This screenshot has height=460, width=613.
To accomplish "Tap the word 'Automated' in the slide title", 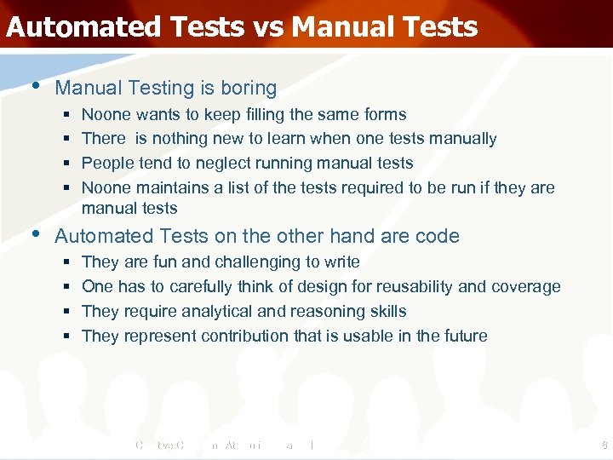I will click(82, 26).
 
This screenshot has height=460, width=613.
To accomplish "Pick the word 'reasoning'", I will click(335, 311).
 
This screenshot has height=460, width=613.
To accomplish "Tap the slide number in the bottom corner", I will click(603, 446).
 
